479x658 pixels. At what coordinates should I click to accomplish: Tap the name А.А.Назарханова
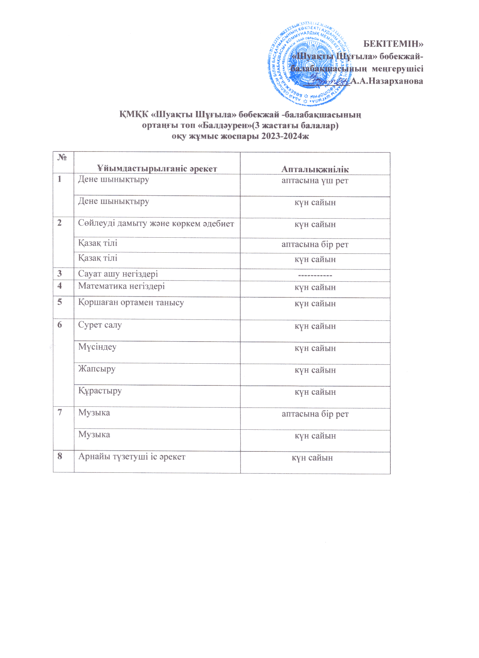pos(387,81)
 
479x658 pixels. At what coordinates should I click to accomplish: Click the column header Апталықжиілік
pos(315,169)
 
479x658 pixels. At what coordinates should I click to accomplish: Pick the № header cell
pos(62,157)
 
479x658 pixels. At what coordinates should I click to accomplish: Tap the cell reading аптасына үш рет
pos(315,181)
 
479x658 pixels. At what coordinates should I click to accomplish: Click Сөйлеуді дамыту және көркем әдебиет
pos(156,224)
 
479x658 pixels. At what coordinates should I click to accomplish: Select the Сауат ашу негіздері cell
pos(118,274)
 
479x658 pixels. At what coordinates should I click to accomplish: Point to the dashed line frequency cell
pos(315,276)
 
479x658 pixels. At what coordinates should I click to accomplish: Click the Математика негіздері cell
pos(121,286)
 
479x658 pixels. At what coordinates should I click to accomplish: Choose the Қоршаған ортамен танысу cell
pos(131,303)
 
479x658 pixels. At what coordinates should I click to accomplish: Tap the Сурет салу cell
pos(100,325)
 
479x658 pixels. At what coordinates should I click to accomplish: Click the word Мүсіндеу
pos(97,347)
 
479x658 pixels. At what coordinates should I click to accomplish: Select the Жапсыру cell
pos(97,369)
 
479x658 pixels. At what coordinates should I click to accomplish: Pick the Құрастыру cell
pos(100,391)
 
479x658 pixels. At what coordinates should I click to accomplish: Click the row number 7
pos(60,412)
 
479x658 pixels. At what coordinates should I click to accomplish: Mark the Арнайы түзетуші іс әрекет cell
pos(132,457)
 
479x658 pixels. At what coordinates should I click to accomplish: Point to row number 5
pos(60,302)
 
